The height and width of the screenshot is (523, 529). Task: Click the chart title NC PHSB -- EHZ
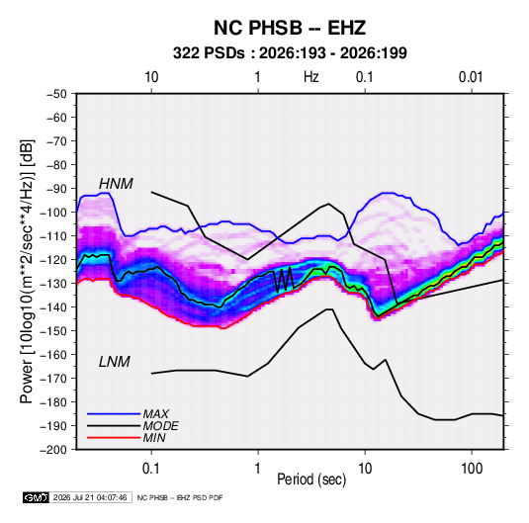click(290, 28)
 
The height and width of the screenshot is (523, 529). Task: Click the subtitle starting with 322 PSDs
click(290, 53)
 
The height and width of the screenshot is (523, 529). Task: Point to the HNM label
click(116, 184)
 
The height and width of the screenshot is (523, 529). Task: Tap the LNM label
click(115, 362)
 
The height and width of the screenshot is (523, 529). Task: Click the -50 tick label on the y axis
click(56, 94)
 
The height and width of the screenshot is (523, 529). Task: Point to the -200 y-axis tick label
click(53, 450)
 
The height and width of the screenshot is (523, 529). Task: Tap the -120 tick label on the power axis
click(53, 260)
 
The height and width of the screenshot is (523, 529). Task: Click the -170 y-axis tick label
click(53, 379)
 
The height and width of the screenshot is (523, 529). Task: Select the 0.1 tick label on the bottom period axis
click(151, 469)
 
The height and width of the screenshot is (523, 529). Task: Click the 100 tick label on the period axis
click(472, 469)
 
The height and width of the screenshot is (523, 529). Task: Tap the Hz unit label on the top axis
click(311, 77)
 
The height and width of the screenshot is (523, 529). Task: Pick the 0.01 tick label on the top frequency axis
click(471, 77)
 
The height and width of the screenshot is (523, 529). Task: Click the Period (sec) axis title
click(311, 479)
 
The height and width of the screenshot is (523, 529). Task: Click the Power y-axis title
click(27, 272)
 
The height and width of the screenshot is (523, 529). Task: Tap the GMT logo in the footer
click(36, 497)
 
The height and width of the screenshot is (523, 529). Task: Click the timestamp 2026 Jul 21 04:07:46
click(90, 497)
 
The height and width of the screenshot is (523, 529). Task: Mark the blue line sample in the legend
click(114, 414)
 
